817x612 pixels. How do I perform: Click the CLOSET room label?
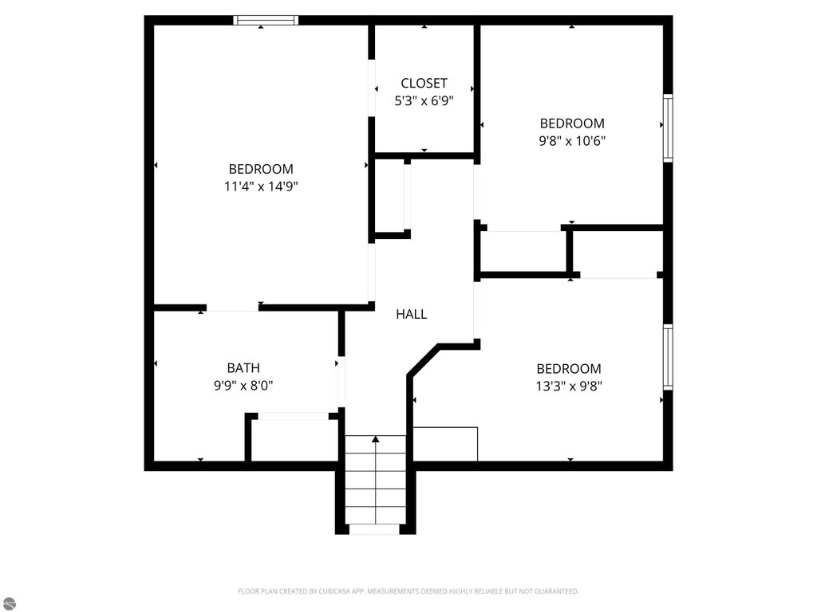tap(424, 83)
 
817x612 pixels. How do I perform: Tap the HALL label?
tap(411, 314)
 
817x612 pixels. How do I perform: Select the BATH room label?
tap(243, 368)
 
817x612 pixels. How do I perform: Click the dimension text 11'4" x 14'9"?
tap(261, 186)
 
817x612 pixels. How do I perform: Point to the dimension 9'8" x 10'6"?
tap(571, 141)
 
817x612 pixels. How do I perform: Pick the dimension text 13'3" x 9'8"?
tap(568, 386)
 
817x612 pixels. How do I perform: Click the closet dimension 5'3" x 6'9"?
tap(424, 101)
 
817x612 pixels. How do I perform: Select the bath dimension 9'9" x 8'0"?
tap(243, 386)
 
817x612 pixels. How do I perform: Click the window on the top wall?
tap(266, 20)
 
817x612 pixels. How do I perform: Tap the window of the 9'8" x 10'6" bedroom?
tap(668, 128)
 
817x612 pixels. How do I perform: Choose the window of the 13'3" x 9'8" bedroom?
tap(668, 357)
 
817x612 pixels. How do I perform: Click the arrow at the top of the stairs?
tap(375, 440)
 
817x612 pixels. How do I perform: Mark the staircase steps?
tap(375, 480)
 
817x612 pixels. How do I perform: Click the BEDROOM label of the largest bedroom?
tap(261, 169)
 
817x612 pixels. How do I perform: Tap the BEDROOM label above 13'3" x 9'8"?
tap(568, 369)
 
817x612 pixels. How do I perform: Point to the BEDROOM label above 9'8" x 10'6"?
tap(571, 124)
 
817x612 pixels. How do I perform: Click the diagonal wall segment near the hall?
tap(423, 359)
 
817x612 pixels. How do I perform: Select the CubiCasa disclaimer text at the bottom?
tap(408, 591)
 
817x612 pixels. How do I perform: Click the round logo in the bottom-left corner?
tap(8, 604)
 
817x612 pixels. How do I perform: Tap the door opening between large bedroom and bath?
tap(232, 308)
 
